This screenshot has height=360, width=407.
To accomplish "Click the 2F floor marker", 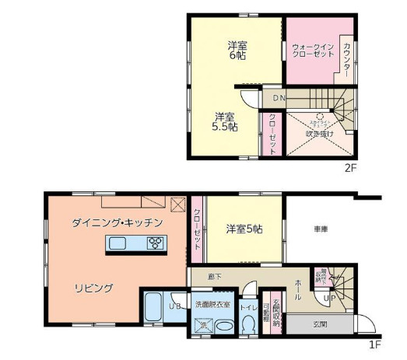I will pos(352,167).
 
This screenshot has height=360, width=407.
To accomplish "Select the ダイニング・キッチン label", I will pos(117,222).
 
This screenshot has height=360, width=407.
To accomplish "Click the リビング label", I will pos(93,288).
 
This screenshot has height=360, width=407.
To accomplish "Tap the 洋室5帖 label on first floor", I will pos(244,229).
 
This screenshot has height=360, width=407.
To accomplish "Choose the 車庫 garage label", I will pos(321,229).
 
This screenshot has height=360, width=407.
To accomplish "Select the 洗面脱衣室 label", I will pos(212,305).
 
